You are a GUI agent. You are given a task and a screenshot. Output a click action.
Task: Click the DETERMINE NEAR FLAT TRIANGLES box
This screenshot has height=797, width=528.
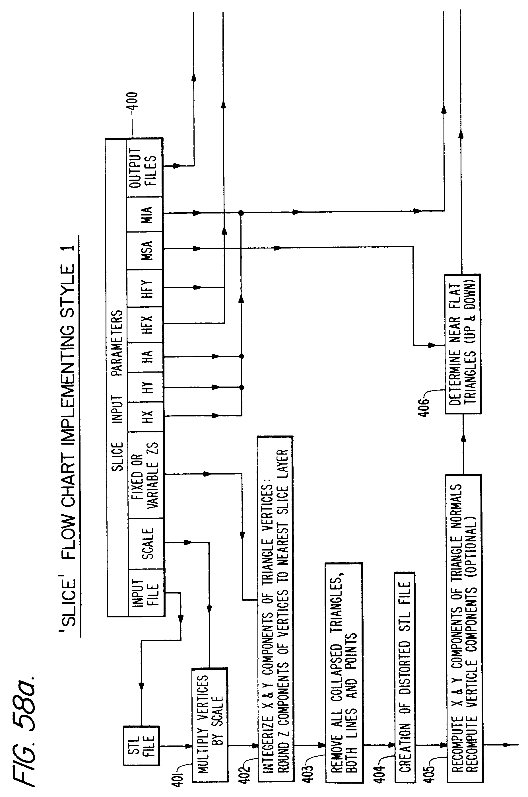point(463,344)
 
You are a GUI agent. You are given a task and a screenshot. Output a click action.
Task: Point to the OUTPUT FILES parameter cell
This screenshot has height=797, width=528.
point(145,167)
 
